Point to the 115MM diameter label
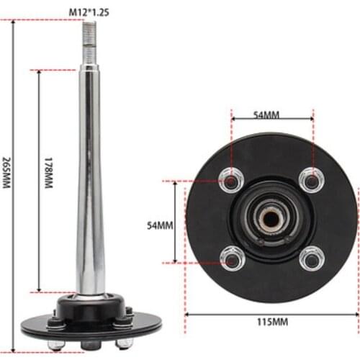[x=271, y=325]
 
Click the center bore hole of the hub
[x=271, y=216]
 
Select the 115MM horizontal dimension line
[x=216, y=314]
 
